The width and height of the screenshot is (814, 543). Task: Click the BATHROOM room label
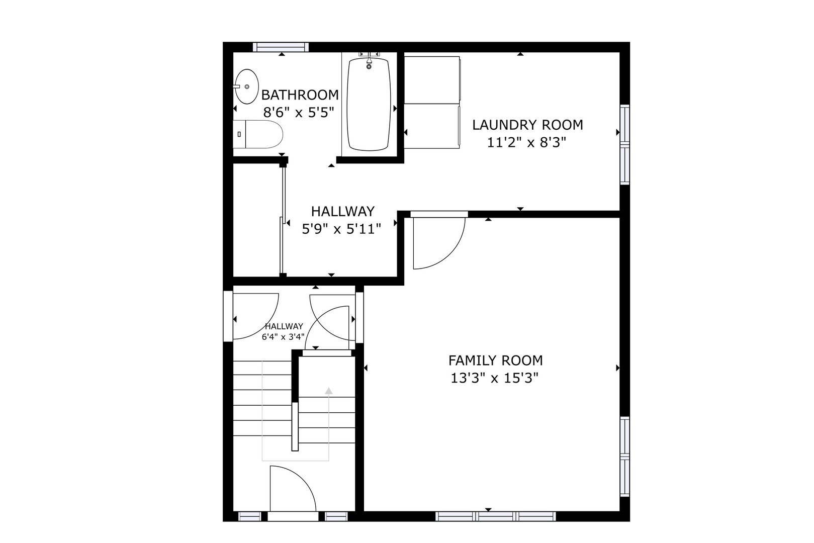300,95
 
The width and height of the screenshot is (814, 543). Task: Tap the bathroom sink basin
247,86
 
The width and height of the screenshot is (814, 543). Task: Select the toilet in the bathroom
257,134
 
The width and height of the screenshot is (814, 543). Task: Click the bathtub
369,104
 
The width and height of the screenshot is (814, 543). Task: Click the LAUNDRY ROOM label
527,125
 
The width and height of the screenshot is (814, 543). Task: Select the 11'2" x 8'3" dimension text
526,142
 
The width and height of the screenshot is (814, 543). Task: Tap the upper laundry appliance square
432,80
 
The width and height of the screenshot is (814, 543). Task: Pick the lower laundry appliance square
432,126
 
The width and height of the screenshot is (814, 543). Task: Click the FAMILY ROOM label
495,360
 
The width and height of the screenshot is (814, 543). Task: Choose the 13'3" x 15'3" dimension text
494,378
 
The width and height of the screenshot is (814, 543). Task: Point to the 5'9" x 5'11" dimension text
341,229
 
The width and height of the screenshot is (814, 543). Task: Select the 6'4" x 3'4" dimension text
283,336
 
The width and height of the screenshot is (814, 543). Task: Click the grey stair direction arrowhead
329,391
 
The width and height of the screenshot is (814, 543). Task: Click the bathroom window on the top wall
281,47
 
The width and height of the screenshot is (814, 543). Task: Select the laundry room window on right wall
624,145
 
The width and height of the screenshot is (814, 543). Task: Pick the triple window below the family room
496,516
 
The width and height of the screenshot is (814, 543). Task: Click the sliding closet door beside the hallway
283,220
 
